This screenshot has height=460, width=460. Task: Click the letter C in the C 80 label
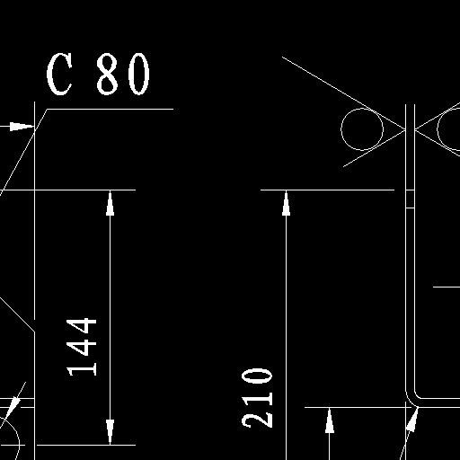(59, 75)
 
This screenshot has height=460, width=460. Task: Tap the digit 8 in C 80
(107, 74)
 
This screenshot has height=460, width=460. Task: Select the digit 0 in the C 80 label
(138, 74)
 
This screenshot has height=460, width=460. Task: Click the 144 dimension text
(82, 347)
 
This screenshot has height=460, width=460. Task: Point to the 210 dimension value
(257, 398)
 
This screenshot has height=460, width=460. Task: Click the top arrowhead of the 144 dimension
(110, 203)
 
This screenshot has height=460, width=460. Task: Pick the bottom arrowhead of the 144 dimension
(110, 432)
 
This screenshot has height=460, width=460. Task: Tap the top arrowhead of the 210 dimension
(286, 203)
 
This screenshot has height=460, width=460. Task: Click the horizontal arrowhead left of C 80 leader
(22, 127)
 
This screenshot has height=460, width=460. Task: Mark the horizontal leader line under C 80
(110, 109)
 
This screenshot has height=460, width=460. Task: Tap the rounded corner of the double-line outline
(411, 396)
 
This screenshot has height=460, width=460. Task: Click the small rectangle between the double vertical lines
(410, 199)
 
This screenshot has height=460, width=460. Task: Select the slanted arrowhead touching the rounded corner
(413, 420)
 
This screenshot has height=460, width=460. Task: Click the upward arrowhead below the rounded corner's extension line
(330, 420)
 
